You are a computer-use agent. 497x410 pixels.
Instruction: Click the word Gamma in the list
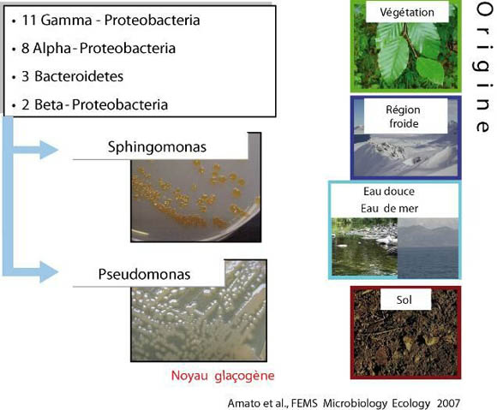click(66, 21)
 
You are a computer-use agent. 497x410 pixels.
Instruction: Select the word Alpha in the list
click(52, 49)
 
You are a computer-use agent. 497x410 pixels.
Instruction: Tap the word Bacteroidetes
click(79, 76)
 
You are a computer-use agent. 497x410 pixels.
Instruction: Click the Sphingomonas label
click(157, 147)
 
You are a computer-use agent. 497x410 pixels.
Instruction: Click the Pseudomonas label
click(144, 274)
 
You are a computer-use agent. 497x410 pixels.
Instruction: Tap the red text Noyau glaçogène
click(223, 376)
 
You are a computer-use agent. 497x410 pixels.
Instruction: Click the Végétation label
click(407, 12)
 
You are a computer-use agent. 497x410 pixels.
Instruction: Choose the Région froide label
click(404, 116)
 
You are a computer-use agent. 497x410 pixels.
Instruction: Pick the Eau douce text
click(389, 191)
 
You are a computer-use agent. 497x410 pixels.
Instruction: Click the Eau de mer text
click(389, 208)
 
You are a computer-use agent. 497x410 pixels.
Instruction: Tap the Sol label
click(404, 300)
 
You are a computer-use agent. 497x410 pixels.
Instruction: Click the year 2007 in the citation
click(448, 403)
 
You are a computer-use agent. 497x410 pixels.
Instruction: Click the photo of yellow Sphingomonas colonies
click(196, 200)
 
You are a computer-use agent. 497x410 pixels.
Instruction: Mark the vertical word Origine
click(484, 68)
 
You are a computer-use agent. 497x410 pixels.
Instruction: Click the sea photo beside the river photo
click(428, 248)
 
